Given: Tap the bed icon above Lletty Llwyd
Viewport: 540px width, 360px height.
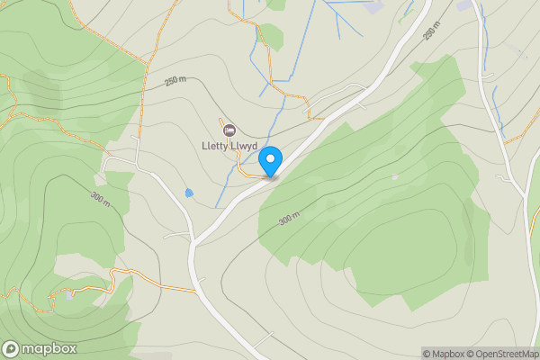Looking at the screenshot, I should click(x=228, y=130).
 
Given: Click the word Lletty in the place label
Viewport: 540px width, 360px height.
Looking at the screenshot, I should click(x=216, y=147).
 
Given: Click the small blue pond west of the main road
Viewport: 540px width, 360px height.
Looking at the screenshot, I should click(x=188, y=193).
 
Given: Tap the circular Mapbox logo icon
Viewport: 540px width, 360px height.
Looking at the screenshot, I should click(x=12, y=349).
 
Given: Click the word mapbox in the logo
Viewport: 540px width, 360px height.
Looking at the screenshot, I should click(x=49, y=349).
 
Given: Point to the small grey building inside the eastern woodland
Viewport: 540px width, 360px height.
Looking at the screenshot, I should click(x=394, y=177).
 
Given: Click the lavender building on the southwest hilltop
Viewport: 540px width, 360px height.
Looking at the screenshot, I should click(x=69, y=294).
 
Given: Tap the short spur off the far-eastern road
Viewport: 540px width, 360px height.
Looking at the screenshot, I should click(x=520, y=190).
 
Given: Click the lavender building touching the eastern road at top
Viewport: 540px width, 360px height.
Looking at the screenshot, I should click(x=464, y=6).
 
